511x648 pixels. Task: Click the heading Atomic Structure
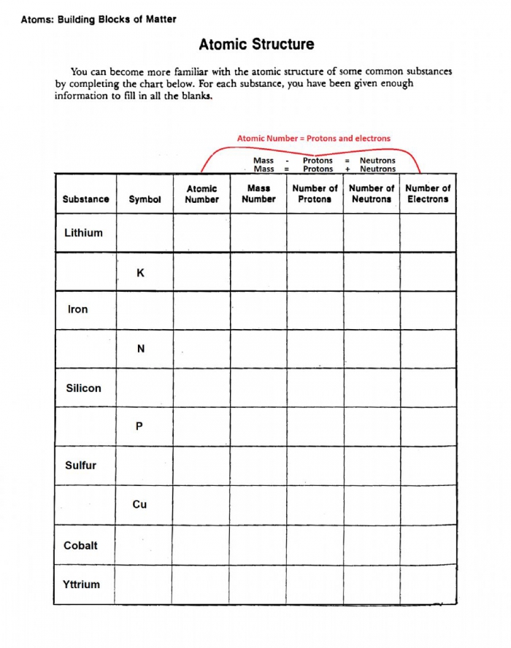(x=256, y=45)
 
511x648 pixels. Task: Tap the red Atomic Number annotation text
(x=313, y=138)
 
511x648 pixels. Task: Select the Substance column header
(x=85, y=199)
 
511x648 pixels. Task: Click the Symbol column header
(x=145, y=199)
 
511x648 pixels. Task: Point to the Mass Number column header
(x=258, y=193)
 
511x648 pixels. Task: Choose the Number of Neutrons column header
(x=371, y=193)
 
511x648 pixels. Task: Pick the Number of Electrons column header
(x=428, y=193)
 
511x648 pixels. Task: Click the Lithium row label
(x=83, y=234)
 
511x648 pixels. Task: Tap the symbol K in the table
(x=140, y=273)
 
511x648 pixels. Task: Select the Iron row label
(x=77, y=309)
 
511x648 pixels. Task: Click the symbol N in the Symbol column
(x=140, y=349)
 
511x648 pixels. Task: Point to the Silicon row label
(x=83, y=388)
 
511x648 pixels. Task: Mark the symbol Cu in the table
(x=139, y=504)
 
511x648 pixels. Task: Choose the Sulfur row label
(x=80, y=466)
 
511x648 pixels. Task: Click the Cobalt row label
(x=80, y=545)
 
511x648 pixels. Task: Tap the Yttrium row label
(x=82, y=585)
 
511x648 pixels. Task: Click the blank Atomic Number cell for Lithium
(x=201, y=234)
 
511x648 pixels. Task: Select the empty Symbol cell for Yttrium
(x=143, y=585)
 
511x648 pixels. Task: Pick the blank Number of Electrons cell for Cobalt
(x=428, y=545)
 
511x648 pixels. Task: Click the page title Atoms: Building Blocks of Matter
(x=99, y=20)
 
